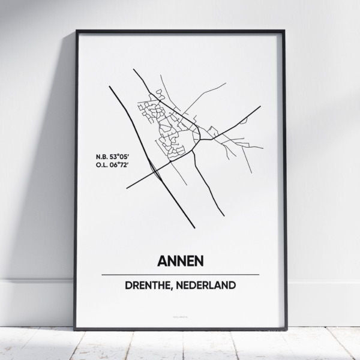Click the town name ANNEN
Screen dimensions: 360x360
click(180, 261)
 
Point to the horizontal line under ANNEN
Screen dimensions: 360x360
click(180, 274)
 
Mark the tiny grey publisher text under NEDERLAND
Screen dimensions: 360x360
click(180, 313)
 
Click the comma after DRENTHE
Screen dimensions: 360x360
click(178, 287)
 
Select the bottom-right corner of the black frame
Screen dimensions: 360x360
click(284, 329)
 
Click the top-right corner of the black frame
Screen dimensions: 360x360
click(284, 31)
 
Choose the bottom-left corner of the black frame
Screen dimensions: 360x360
click(75, 329)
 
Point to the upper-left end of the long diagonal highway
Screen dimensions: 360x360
click(110, 87)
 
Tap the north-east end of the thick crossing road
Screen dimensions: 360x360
click(260, 107)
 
